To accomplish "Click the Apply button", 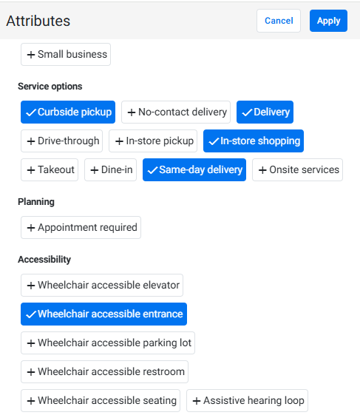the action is [x=328, y=21].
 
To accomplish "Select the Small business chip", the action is [x=66, y=55].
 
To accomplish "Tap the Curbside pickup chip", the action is [x=68, y=112].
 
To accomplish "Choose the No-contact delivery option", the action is [x=176, y=112].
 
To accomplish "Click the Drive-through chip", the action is [x=62, y=141].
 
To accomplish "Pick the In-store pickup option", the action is [x=153, y=141].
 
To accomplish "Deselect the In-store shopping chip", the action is [x=254, y=141].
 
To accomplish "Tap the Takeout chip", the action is [x=50, y=170].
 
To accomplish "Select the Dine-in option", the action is [x=110, y=170].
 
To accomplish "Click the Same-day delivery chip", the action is [x=194, y=170].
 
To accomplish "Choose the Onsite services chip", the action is [x=297, y=170].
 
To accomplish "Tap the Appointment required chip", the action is [x=81, y=227].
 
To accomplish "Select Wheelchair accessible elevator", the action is [x=102, y=286].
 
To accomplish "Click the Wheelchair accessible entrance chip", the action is [x=103, y=314].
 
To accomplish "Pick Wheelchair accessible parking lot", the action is [x=108, y=343].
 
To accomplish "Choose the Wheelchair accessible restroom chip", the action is [x=105, y=372].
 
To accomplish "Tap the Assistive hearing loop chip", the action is [x=247, y=401].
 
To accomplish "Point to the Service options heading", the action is [x=50, y=87].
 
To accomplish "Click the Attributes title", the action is [x=38, y=21].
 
